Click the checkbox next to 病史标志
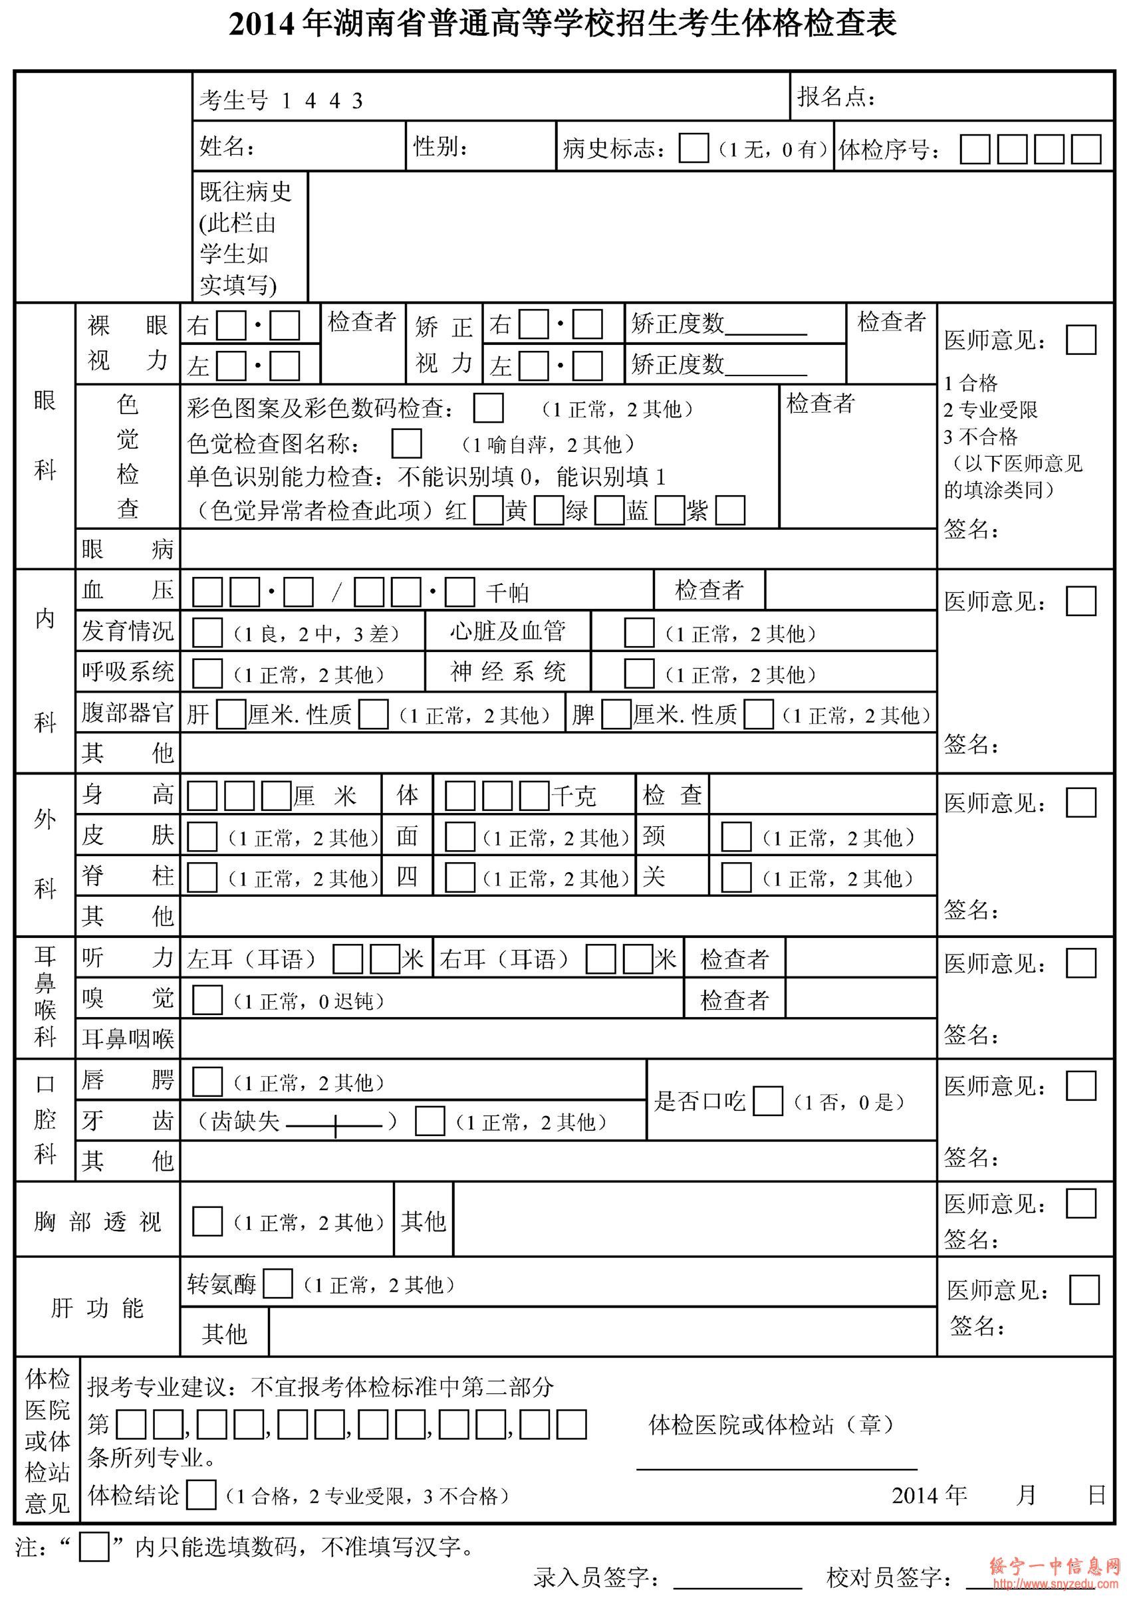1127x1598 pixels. (x=693, y=148)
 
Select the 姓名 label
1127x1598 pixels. (x=227, y=146)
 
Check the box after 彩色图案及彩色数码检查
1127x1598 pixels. (x=488, y=409)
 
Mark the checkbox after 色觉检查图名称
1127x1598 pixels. (x=406, y=443)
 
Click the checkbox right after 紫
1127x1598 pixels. (x=730, y=511)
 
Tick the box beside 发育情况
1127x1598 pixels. (x=207, y=633)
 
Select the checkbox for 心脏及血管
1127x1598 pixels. (x=638, y=633)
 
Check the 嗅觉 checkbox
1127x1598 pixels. (x=207, y=1000)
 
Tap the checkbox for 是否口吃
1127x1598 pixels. (x=768, y=1101)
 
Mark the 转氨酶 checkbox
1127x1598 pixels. (x=277, y=1284)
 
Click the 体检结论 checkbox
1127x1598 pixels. (x=201, y=1495)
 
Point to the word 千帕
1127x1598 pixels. (x=507, y=592)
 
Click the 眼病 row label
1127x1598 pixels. (x=128, y=549)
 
